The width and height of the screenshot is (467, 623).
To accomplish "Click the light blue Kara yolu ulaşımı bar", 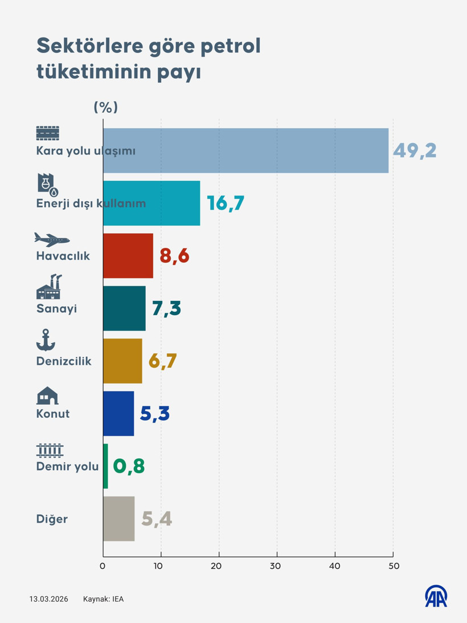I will click(x=245, y=150).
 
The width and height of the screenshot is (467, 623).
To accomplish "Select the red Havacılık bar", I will click(x=128, y=255).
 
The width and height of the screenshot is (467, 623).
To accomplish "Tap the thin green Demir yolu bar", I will click(x=105, y=466).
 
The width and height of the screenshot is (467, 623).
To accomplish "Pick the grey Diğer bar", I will click(x=118, y=519).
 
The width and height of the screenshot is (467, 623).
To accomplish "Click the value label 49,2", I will click(x=415, y=150).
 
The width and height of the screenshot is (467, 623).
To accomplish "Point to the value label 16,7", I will click(x=226, y=203).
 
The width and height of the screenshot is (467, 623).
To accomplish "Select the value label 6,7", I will click(x=163, y=361).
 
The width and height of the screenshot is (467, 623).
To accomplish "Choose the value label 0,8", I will click(x=129, y=466).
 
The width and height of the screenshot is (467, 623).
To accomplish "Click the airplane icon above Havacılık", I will click(x=52, y=239).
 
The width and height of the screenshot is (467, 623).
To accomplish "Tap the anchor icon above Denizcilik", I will click(x=46, y=340).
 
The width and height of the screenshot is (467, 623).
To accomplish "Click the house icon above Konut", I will click(x=47, y=395).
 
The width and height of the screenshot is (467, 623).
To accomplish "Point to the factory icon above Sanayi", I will click(x=48, y=287).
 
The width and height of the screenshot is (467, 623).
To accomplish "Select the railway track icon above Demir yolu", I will click(x=50, y=450).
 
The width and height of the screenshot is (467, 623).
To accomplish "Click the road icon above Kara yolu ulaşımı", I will click(x=48, y=133).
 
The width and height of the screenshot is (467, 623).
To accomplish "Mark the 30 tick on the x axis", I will click(x=277, y=566).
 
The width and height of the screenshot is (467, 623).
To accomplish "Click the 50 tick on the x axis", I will click(x=394, y=566).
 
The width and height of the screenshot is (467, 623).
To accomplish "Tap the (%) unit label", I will click(x=105, y=107).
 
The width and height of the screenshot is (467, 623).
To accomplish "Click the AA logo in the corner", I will click(x=436, y=596).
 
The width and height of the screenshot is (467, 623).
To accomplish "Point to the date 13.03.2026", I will click(x=48, y=599).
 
